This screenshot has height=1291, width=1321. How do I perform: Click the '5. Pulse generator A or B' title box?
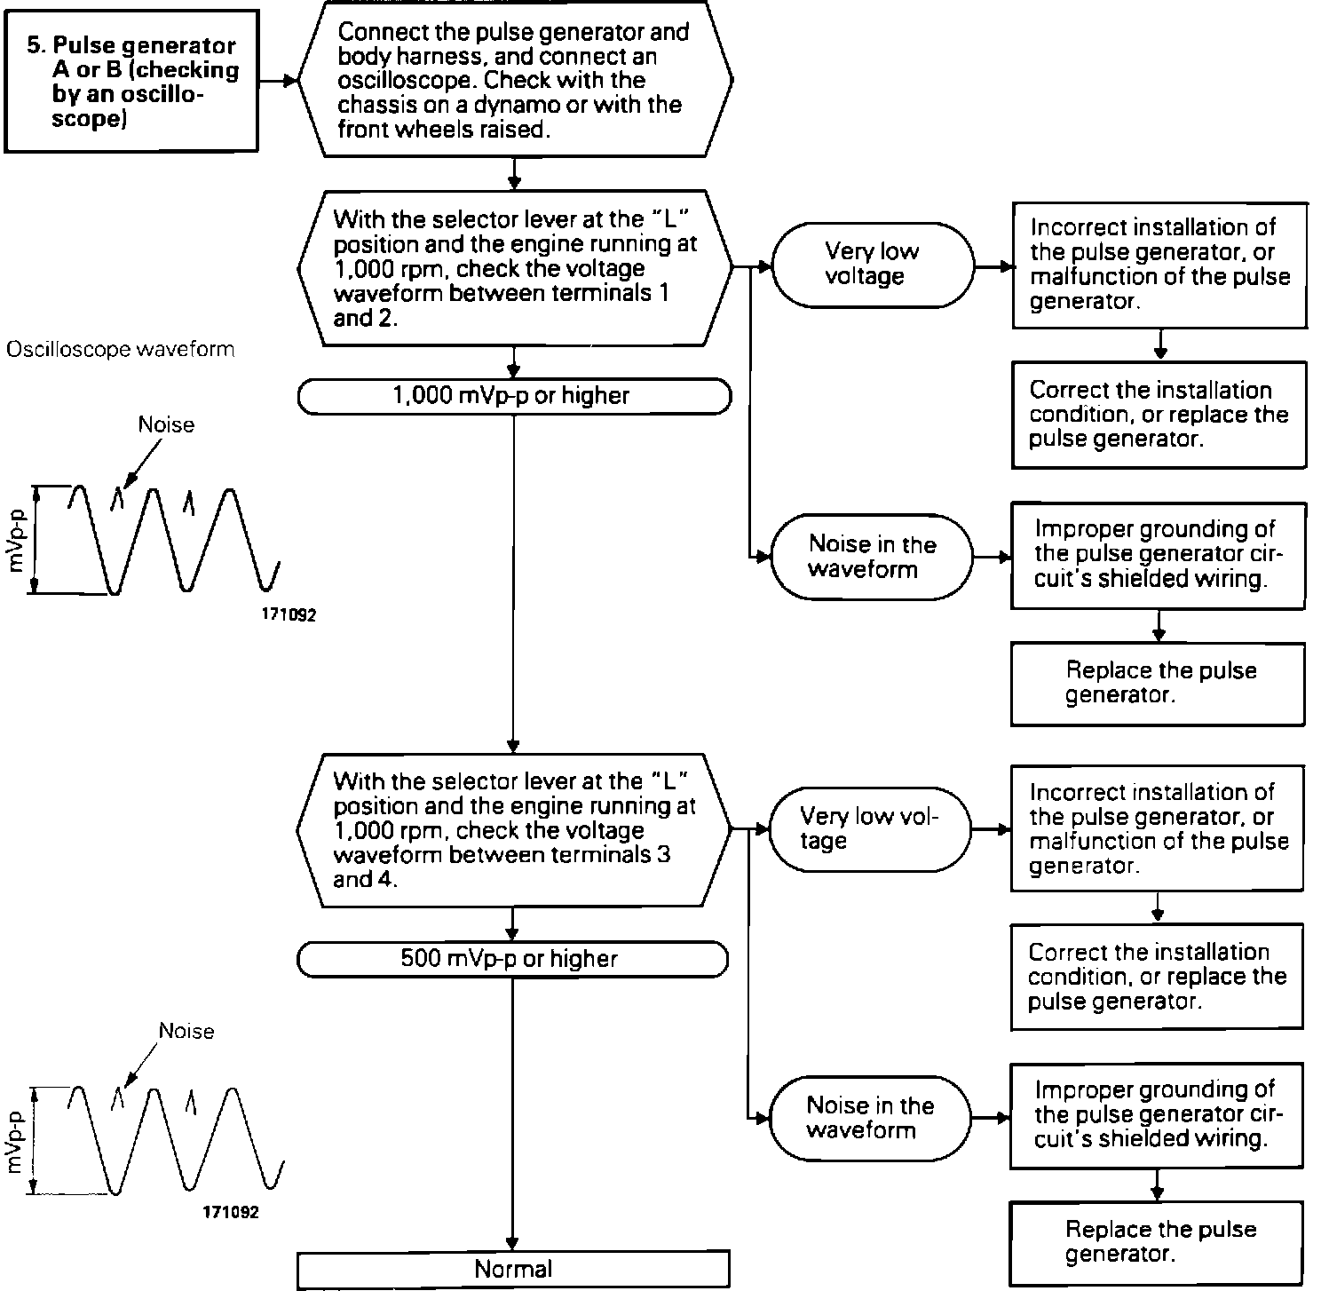point(131,82)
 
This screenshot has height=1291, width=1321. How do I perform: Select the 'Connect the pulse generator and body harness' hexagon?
point(515,80)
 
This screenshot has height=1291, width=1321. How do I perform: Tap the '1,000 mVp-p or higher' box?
point(514,396)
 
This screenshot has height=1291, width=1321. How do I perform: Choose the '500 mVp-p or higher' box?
point(512,959)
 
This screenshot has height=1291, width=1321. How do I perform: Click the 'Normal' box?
point(513,1270)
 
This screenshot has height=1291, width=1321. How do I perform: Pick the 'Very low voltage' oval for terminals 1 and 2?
point(872,265)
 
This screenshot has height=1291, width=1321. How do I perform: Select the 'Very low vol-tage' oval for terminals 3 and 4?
point(869,829)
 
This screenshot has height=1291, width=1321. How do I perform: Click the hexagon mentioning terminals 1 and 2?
point(515,267)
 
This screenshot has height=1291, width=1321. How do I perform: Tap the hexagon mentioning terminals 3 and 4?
point(513,830)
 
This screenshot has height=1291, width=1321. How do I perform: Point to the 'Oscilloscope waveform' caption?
point(121,350)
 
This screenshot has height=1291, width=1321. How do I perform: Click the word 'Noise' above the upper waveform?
point(166,425)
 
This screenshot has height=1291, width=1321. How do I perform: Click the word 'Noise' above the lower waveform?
point(186,1031)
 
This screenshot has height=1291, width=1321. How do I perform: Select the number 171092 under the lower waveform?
point(231,1212)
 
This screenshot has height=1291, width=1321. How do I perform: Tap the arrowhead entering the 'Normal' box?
point(513,1244)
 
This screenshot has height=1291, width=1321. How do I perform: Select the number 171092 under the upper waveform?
point(289,614)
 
